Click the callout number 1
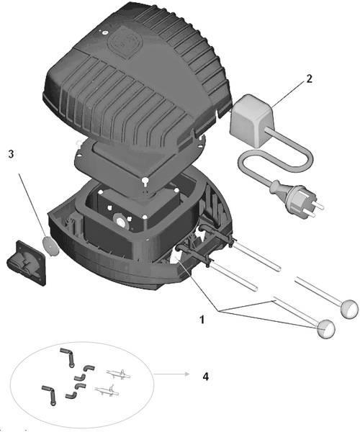[x=202, y=320]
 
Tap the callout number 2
[x=310, y=79]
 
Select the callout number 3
[x=11, y=154]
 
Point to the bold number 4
[x=205, y=377]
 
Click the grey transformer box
[x=252, y=121]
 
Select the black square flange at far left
[x=27, y=263]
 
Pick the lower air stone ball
[x=326, y=329]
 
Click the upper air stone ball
[x=350, y=309]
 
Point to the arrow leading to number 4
[x=171, y=374]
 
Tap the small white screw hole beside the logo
[x=104, y=32]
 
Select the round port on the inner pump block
[x=121, y=221]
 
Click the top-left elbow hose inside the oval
[x=67, y=357]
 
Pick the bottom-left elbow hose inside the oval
[x=49, y=395]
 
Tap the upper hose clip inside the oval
[x=118, y=374]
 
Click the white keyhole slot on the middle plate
[x=144, y=181]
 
